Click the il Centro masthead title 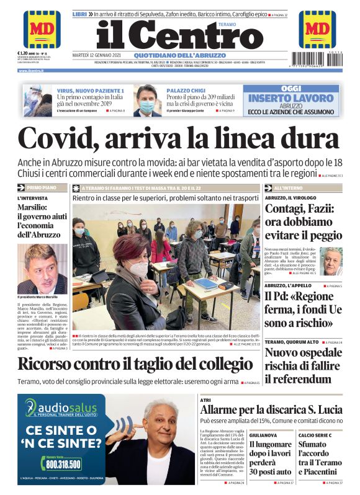pyautogui.click(x=170, y=35)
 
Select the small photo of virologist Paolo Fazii pyautogui.click(x=332, y=261)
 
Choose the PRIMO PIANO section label pyautogui.click(x=42, y=187)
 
